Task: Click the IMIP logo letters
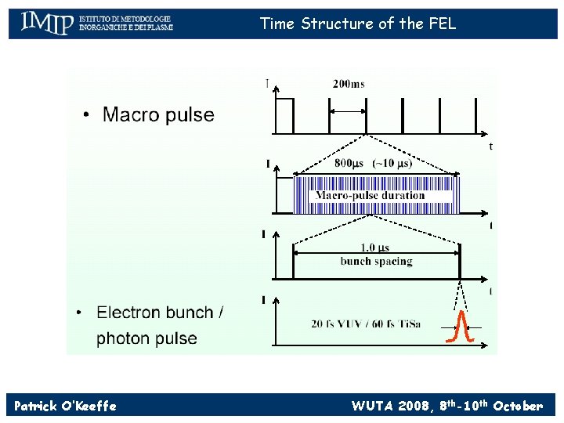(x=46, y=23)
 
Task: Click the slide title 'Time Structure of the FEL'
(x=358, y=23)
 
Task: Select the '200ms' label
(x=349, y=84)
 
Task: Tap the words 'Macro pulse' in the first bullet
(x=158, y=115)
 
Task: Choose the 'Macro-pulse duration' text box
(x=370, y=196)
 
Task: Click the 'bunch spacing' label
(x=376, y=262)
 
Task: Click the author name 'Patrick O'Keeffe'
(x=65, y=406)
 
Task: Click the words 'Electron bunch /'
(x=160, y=313)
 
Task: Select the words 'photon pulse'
(x=146, y=338)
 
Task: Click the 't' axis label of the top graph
(x=490, y=146)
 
